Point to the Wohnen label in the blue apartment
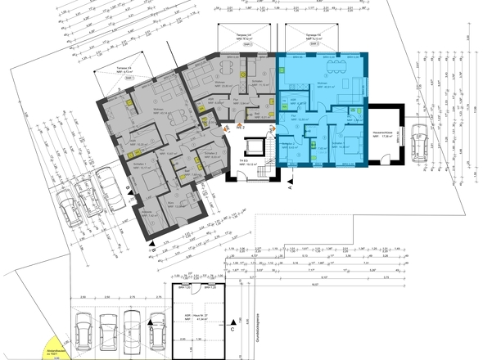323,84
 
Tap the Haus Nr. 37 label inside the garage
197,315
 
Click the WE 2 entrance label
241,128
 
